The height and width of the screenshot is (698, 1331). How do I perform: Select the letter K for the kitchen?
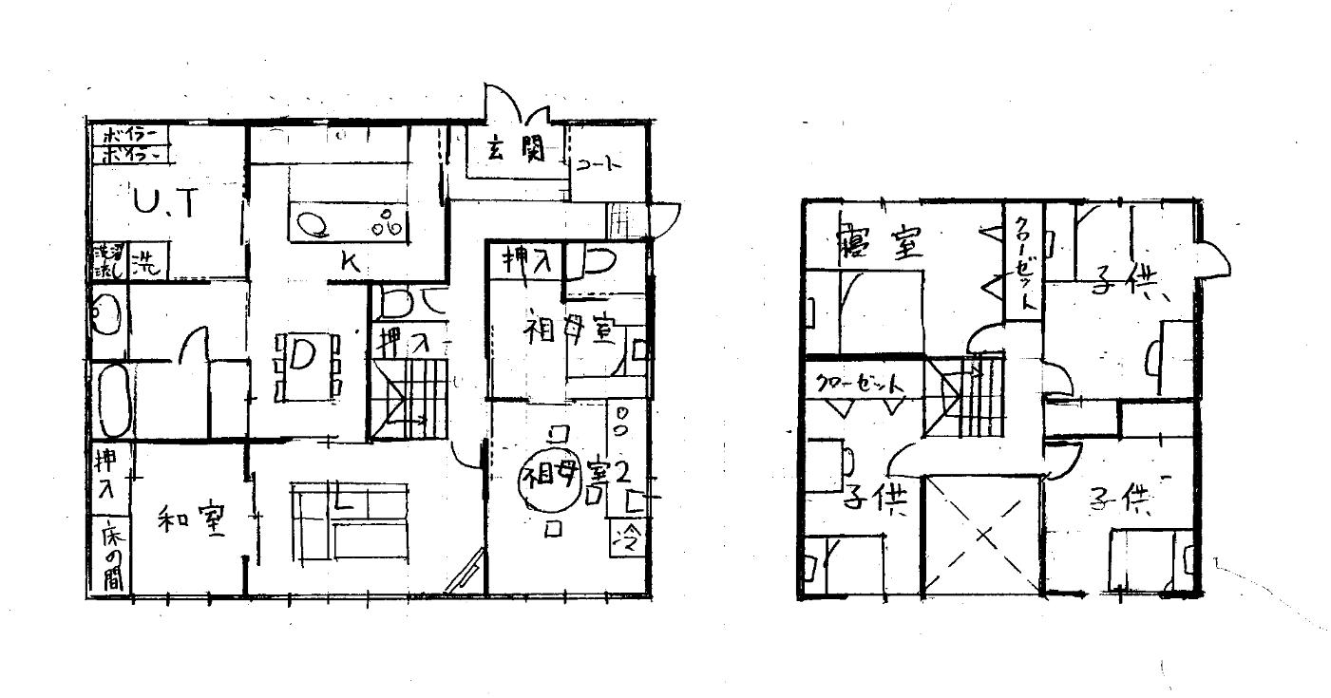[349, 265]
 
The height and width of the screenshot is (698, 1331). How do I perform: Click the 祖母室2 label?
[574, 473]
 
